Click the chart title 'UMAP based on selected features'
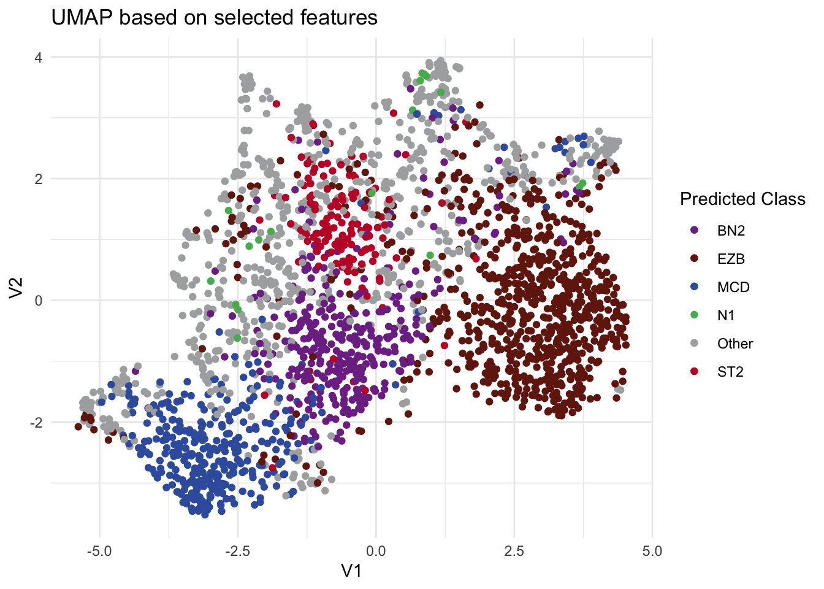click(x=214, y=17)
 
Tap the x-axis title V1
click(x=351, y=571)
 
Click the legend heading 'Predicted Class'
click(x=742, y=199)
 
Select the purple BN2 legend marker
click(x=695, y=231)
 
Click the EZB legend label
click(x=731, y=259)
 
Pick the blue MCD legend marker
click(x=695, y=287)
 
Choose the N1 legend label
click(x=726, y=315)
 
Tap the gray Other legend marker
click(x=695, y=344)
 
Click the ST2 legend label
click(x=730, y=372)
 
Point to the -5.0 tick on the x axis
click(x=99, y=550)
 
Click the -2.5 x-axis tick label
click(x=237, y=550)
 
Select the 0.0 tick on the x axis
click(x=376, y=550)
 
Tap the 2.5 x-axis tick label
click(x=514, y=550)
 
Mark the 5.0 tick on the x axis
click(x=652, y=550)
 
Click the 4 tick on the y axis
click(x=38, y=57)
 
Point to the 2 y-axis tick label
click(x=38, y=179)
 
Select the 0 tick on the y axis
click(x=38, y=301)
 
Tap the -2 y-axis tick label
click(x=36, y=422)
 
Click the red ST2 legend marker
click(x=695, y=372)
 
